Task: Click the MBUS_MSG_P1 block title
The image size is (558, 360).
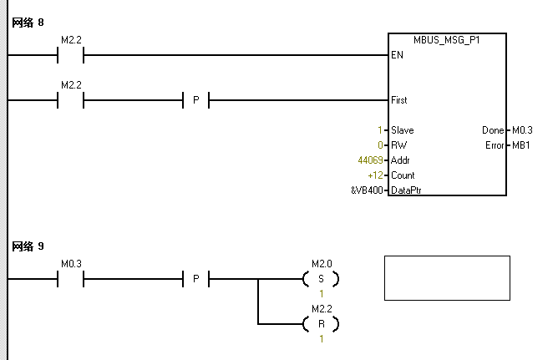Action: [x=447, y=40]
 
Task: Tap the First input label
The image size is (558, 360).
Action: [x=399, y=100]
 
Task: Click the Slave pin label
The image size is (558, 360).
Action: [x=402, y=130]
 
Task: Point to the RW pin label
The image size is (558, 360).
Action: [x=398, y=145]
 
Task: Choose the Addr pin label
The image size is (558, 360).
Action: [x=400, y=160]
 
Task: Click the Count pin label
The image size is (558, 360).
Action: [x=403, y=175]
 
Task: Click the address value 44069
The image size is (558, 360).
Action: [x=369, y=160]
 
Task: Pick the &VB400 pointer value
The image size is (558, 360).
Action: [x=367, y=190]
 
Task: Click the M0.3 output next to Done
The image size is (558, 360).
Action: [x=521, y=130]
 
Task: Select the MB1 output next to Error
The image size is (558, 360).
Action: [x=519, y=145]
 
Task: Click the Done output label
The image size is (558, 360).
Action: [x=493, y=130]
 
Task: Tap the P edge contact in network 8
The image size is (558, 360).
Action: [x=195, y=100]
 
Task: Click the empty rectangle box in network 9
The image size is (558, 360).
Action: [x=447, y=278]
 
